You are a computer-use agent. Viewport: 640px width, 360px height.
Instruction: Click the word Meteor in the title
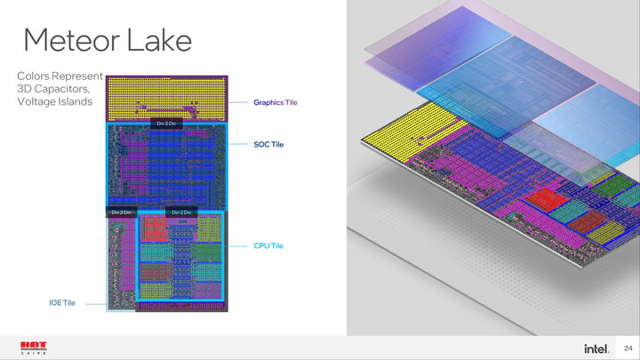[73, 40]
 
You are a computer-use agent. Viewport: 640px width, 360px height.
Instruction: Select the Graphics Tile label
[275, 102]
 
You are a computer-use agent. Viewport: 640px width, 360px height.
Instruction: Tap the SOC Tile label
[268, 144]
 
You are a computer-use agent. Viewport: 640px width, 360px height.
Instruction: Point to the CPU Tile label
[268, 245]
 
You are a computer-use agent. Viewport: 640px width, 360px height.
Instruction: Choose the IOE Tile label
[62, 303]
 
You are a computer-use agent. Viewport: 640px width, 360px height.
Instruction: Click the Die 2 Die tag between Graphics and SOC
[166, 124]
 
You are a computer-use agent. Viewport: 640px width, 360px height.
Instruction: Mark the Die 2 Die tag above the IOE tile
[121, 212]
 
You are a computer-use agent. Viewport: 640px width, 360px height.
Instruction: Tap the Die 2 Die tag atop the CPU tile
[182, 212]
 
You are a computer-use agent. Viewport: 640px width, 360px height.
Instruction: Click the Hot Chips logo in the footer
[34, 348]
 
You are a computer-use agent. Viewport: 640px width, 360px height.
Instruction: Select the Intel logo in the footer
[596, 348]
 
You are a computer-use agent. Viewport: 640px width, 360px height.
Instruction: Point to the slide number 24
[628, 348]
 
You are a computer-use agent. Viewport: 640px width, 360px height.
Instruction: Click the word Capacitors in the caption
[60, 89]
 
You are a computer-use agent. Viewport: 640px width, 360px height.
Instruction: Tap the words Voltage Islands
[54, 101]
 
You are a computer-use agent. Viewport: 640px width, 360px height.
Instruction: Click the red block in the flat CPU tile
[153, 230]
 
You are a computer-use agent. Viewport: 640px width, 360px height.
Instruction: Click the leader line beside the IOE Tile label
[92, 303]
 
